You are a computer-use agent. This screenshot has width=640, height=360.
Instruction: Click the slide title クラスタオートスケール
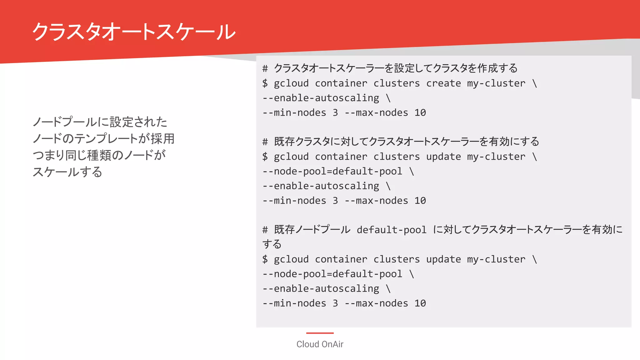click(134, 32)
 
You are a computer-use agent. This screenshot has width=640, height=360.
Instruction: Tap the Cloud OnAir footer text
click(320, 344)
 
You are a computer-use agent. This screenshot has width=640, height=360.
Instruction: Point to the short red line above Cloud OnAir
click(320, 333)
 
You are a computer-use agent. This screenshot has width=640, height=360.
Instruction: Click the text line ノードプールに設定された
click(100, 122)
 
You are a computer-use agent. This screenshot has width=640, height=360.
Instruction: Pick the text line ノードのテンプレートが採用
click(103, 138)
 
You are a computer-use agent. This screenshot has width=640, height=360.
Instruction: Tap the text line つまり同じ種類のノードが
click(99, 155)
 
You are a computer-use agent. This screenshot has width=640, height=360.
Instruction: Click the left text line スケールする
click(67, 172)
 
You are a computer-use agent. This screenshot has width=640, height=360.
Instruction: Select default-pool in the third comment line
click(392, 230)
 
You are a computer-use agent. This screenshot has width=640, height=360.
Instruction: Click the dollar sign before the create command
click(265, 83)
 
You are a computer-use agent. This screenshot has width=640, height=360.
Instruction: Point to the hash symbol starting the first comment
click(265, 68)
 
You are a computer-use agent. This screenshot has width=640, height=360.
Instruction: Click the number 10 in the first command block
click(420, 113)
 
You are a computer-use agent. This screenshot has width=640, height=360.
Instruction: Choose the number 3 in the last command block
click(335, 303)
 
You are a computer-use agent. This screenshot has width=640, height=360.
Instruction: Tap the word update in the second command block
click(443, 157)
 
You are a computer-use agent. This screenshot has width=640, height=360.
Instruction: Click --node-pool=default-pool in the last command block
click(332, 274)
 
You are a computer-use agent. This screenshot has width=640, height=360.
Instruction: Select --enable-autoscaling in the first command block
click(321, 98)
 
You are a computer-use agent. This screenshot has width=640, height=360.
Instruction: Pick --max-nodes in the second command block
click(376, 201)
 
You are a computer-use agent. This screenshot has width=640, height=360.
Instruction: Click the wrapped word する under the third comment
click(272, 244)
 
